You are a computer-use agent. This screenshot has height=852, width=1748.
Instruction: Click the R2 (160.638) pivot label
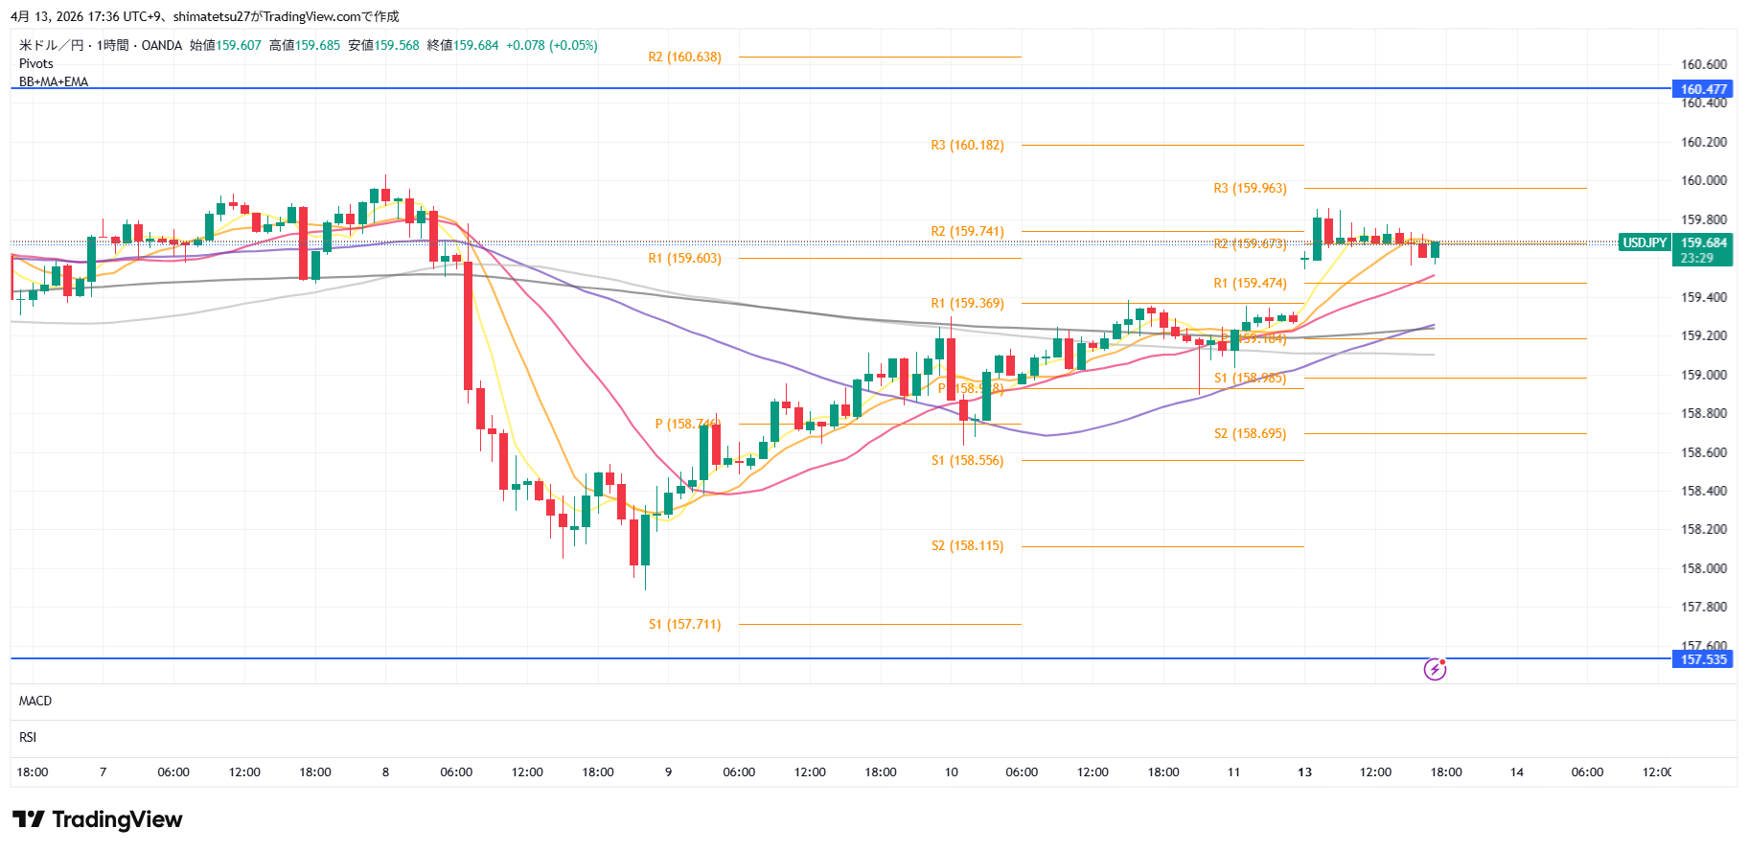[684, 58]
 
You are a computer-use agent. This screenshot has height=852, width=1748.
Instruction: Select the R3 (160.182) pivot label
[967, 146]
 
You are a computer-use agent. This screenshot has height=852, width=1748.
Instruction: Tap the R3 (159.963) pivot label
[1250, 189]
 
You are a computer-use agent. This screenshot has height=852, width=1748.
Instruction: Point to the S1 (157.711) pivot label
[684, 625]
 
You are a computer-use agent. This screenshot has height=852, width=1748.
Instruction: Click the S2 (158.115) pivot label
[967, 546]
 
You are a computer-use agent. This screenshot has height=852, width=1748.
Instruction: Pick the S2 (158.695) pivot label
[1250, 434]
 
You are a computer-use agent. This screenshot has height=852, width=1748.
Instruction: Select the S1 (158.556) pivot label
[967, 461]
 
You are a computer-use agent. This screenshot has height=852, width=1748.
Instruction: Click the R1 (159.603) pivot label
[684, 259]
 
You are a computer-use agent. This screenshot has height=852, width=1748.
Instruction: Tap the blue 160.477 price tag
[1703, 89]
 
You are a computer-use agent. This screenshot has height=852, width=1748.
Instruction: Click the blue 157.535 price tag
[1703, 659]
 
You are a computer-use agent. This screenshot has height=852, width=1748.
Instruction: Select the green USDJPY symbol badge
[1644, 243]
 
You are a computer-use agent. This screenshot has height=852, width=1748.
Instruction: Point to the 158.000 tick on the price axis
[1704, 568]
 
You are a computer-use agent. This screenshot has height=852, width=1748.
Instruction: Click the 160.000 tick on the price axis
[1704, 180]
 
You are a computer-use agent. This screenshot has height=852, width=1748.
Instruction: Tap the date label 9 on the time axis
[668, 772]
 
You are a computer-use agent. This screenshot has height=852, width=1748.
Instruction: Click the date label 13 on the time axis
[1304, 772]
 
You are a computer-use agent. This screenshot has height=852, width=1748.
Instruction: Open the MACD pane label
[35, 702]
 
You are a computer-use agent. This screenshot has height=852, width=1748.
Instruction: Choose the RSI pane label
[28, 738]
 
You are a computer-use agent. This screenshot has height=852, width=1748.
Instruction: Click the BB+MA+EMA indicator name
[54, 82]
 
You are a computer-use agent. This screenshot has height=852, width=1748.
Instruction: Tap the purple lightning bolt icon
[1435, 669]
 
